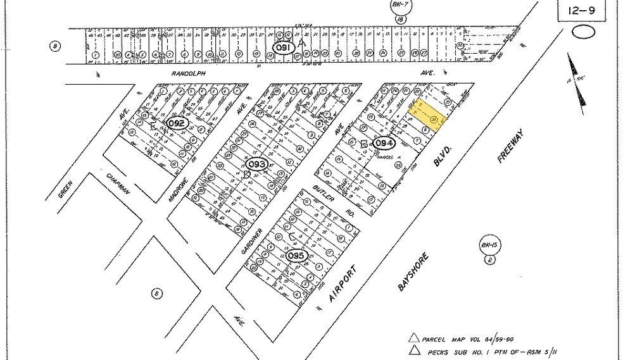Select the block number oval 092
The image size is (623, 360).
click(178, 123)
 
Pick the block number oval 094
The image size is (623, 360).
click(384, 144)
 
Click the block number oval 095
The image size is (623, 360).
click(296, 256)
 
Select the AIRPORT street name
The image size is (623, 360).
click(344, 284)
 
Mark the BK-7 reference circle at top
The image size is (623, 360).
click(399, 6)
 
